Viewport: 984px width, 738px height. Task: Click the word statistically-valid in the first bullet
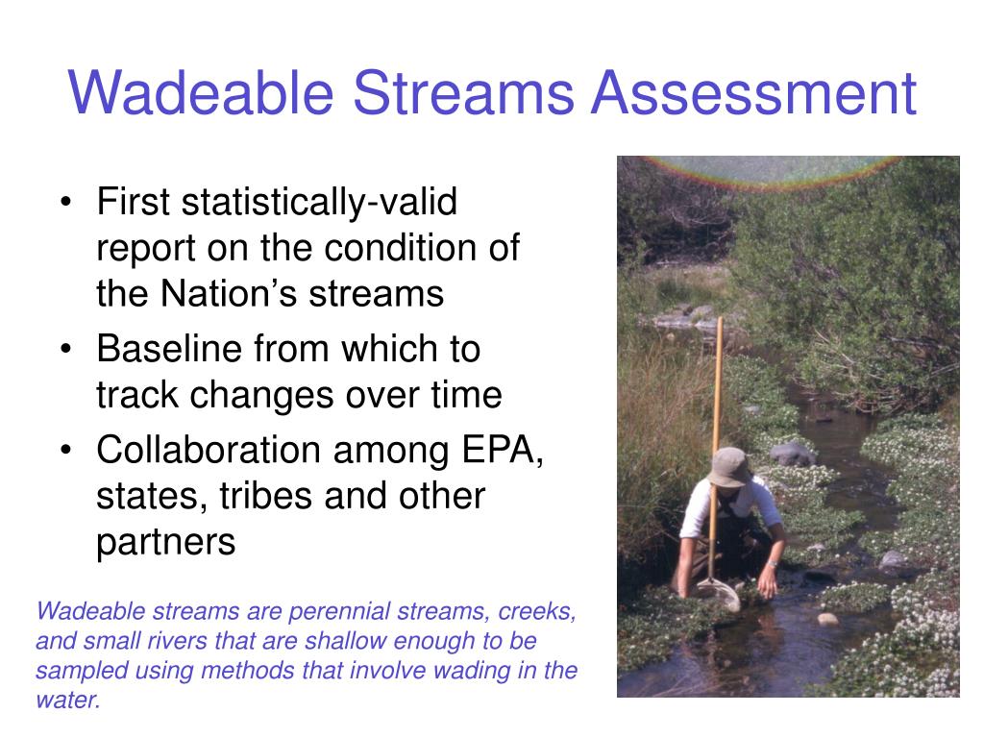(321, 204)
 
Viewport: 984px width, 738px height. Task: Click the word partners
(165, 542)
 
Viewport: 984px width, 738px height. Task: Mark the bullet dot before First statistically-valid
(65, 205)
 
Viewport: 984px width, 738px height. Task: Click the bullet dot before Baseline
(65, 350)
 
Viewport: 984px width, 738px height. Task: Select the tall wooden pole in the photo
(717, 404)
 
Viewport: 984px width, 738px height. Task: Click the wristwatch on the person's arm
(772, 564)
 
